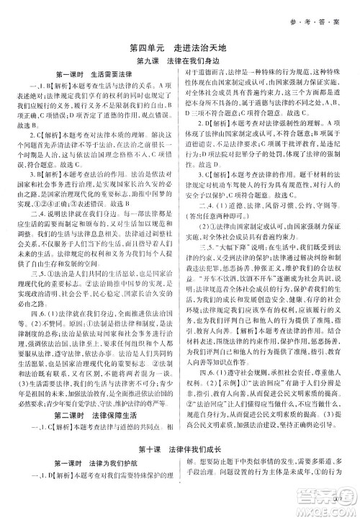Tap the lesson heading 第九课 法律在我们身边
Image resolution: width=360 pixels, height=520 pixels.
[x=179, y=63]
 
